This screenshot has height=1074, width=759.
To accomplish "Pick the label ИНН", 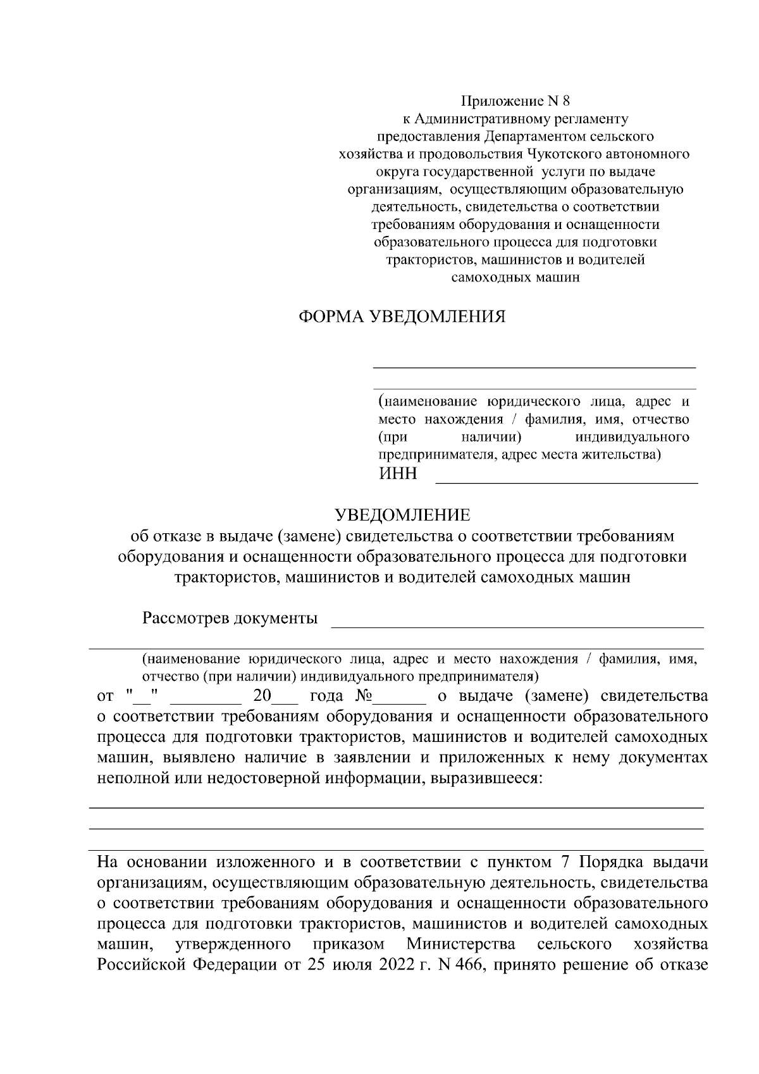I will tap(398, 474).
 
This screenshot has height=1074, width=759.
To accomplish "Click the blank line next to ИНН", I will tap(567, 482).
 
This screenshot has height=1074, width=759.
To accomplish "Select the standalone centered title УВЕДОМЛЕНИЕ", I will tap(402, 514).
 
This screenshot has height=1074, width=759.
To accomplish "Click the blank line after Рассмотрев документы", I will tap(517, 626).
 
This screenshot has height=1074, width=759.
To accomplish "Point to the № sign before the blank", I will tap(363, 696).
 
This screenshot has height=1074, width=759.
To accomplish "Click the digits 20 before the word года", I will tap(262, 696).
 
